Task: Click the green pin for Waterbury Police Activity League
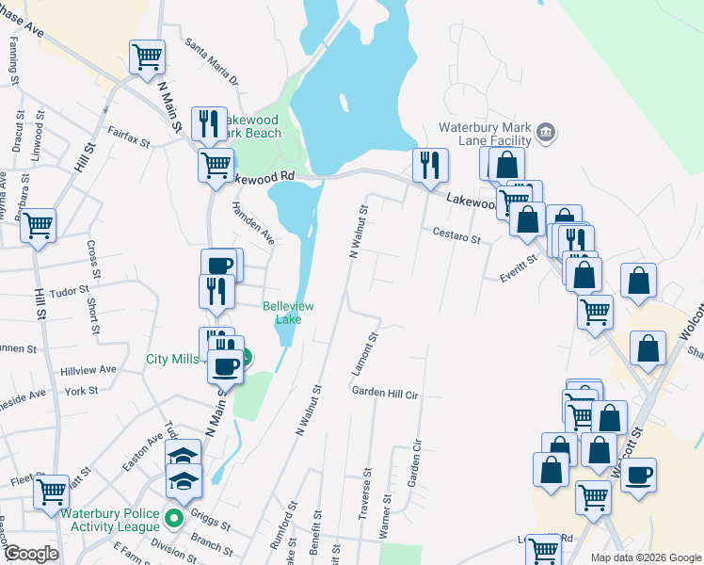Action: (173, 518)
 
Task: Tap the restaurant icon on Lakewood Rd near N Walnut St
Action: (430, 166)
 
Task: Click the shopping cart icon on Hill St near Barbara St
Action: (38, 226)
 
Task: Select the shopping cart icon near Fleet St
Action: (52, 491)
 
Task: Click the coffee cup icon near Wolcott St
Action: (638, 476)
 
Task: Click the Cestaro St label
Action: (456, 234)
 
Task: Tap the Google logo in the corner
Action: (31, 554)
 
